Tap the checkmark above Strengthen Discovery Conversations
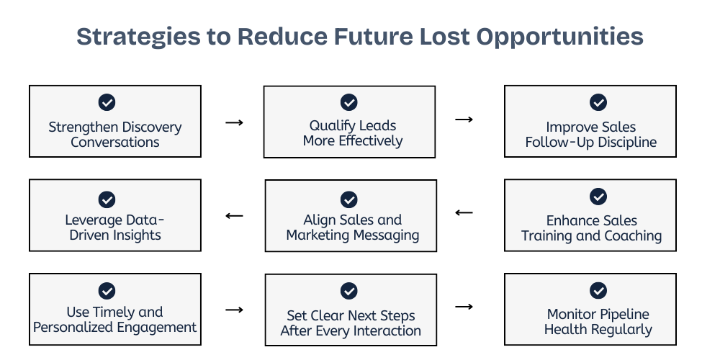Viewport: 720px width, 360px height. [107, 102]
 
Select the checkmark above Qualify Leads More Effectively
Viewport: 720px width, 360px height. [348, 102]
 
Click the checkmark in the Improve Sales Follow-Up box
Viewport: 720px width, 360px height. [598, 102]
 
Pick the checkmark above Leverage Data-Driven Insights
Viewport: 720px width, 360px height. [107, 199]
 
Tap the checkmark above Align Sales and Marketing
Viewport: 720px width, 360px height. [348, 199]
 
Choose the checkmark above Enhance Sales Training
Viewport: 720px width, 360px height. [598, 197]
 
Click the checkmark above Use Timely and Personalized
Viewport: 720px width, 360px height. [107, 291]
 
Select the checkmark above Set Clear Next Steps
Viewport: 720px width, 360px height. [348, 291]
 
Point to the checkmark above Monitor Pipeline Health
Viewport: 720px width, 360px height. [598, 291]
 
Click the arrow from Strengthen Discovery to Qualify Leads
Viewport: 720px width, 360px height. [234, 122]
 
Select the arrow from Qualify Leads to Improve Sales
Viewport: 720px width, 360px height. [464, 120]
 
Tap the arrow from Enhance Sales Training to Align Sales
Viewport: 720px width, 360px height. [464, 212]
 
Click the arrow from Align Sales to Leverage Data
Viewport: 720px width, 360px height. [234, 215]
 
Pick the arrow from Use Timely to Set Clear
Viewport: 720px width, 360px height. [234, 310]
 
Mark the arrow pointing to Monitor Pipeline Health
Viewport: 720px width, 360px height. [464, 307]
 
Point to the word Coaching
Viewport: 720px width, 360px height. [633, 235]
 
